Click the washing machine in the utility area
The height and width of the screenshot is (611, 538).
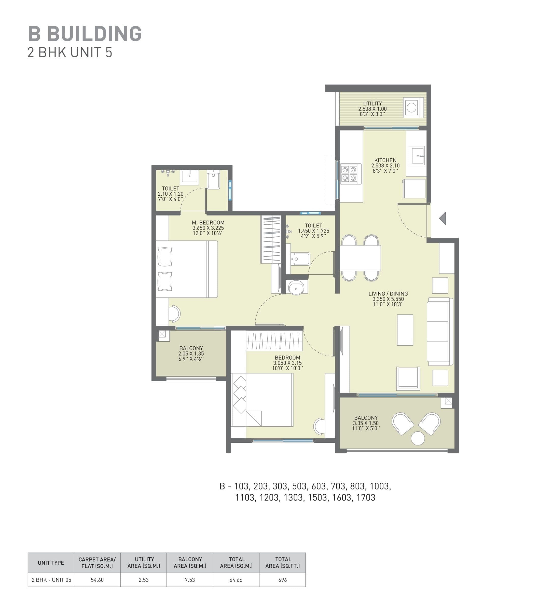pyautogui.click(x=412, y=108)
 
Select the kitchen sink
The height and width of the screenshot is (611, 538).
pyautogui.click(x=416, y=155)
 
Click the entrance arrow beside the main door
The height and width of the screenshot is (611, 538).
pyautogui.click(x=443, y=218)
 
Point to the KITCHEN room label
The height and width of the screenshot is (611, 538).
pyautogui.click(x=385, y=160)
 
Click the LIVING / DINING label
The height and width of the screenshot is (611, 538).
pyautogui.click(x=388, y=294)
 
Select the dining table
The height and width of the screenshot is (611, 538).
pyautogui.click(x=361, y=258)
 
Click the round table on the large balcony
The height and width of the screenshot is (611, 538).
pyautogui.click(x=418, y=439)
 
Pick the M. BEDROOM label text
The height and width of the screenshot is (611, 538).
pyautogui.click(x=208, y=223)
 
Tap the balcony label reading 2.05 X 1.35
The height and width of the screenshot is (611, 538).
pyautogui.click(x=191, y=354)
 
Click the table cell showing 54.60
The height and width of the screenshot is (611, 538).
pyautogui.click(x=97, y=580)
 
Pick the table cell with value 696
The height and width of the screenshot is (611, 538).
pyautogui.click(x=282, y=580)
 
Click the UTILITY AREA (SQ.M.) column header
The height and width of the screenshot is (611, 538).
pyautogui.click(x=144, y=563)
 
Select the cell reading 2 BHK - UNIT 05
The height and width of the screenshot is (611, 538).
pyautogui.click(x=51, y=580)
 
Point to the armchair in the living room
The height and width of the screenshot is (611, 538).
pyautogui.click(x=408, y=378)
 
